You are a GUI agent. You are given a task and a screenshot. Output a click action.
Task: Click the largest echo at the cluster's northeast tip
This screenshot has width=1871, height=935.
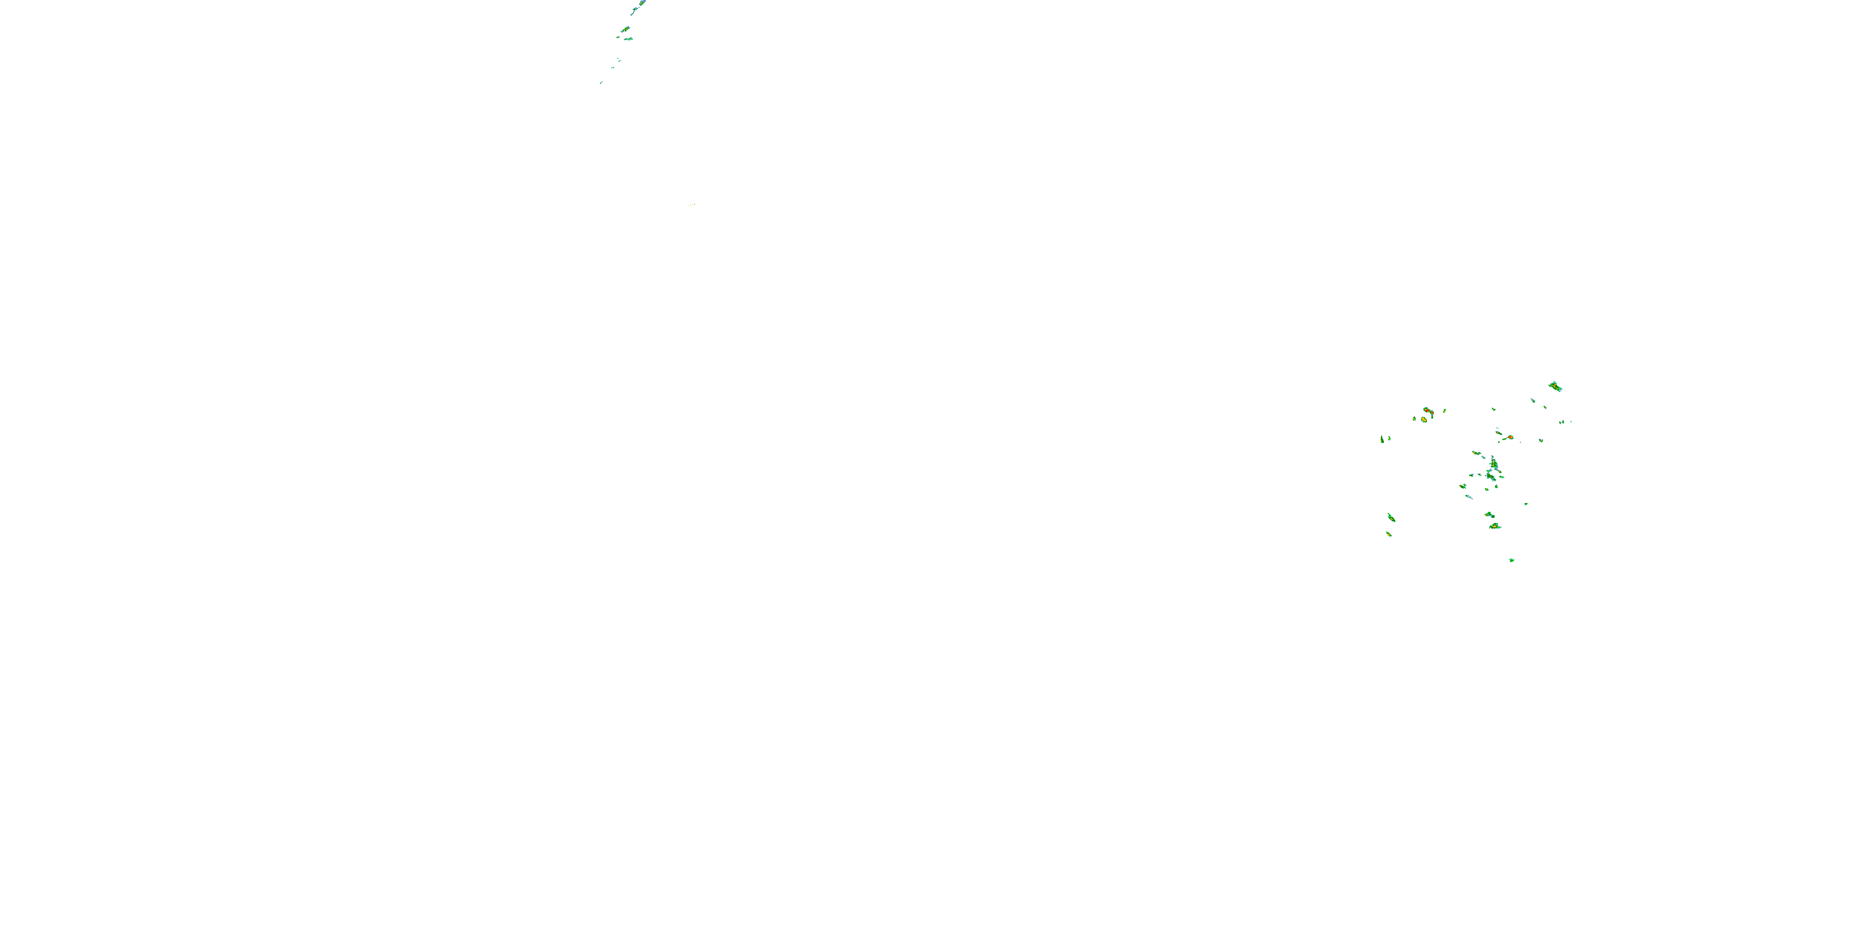pyautogui.click(x=1554, y=386)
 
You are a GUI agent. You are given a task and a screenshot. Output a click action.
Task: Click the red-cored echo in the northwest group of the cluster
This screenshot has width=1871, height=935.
pyautogui.click(x=1427, y=411)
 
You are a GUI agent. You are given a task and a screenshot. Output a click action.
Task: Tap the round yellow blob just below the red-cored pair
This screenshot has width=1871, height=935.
pyautogui.click(x=1424, y=420)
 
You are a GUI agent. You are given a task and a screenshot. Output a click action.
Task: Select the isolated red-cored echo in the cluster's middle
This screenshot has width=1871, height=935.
pyautogui.click(x=1509, y=437)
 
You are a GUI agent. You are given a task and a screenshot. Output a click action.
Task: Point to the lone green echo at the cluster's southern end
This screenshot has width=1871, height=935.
pyautogui.click(x=1512, y=560)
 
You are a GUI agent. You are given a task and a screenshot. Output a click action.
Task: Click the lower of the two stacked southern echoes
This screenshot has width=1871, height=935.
pyautogui.click(x=1495, y=525)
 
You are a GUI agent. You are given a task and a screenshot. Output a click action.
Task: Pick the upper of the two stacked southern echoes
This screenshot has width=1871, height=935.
pyautogui.click(x=1489, y=515)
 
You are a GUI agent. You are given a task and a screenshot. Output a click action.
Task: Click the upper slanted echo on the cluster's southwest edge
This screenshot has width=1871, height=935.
pyautogui.click(x=1391, y=517)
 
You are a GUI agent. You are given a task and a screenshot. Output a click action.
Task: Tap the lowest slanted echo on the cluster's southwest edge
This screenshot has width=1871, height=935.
pyautogui.click(x=1389, y=534)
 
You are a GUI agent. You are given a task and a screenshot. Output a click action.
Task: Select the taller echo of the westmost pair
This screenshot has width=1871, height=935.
pyautogui.click(x=1381, y=439)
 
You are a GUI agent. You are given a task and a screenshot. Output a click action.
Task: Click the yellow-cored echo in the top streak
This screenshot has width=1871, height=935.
pyautogui.click(x=625, y=30)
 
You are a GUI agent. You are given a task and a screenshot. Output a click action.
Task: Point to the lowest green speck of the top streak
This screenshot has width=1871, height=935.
pyautogui.click(x=601, y=83)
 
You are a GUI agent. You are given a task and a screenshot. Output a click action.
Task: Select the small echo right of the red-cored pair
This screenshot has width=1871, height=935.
pyautogui.click(x=1444, y=411)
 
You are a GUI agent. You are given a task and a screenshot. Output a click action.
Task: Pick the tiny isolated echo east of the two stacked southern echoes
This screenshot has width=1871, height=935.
pyautogui.click(x=1526, y=504)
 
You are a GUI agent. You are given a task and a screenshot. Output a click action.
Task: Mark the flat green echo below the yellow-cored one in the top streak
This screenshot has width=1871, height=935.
pyautogui.click(x=628, y=39)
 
